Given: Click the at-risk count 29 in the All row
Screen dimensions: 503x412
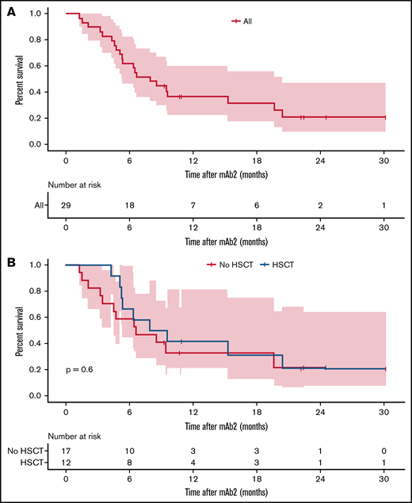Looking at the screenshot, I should tap(67, 204).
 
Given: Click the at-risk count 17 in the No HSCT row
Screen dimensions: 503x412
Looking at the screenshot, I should tap(67, 451).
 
